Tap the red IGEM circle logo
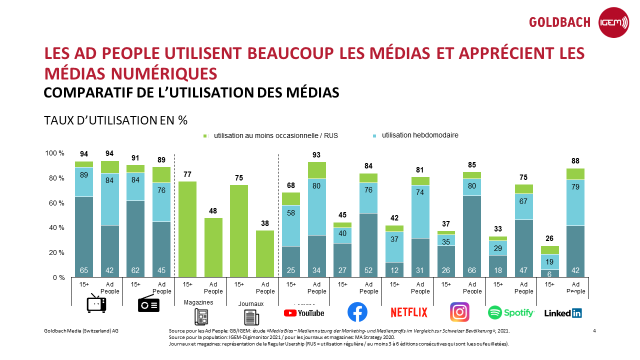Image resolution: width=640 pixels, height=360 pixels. [x=614, y=22]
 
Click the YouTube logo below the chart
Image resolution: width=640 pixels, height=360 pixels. [x=304, y=313]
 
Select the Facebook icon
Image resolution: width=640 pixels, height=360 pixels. [x=357, y=312]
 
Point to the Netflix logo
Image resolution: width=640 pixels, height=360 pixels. [x=408, y=312]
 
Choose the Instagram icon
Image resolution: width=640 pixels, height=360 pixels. [x=460, y=312]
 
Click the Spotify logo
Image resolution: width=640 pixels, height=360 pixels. [x=511, y=312]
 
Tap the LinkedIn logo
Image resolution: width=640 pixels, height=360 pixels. [x=563, y=313]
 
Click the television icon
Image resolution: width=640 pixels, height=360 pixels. [x=96, y=304]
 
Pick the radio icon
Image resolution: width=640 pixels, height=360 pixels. [x=148, y=304]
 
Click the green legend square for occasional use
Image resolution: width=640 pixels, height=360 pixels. [x=205, y=136]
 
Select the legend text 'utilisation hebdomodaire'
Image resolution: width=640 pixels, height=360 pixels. [x=420, y=135]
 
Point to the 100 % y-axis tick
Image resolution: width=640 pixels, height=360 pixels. [x=55, y=153]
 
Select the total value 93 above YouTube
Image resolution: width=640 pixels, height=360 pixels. [x=316, y=155]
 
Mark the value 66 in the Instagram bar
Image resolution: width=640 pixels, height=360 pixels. [x=472, y=270]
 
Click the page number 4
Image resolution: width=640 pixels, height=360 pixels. [x=594, y=331]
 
